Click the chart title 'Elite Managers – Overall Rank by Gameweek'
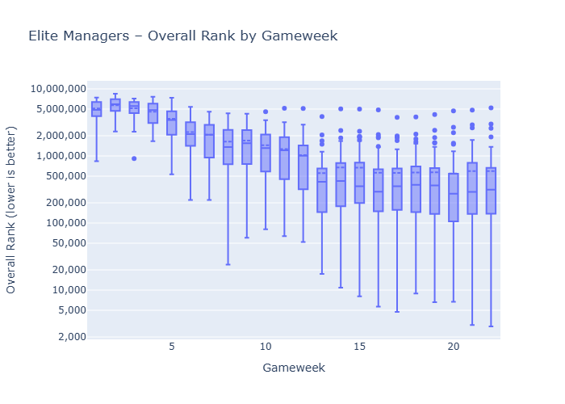182,36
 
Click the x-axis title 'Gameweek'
294,368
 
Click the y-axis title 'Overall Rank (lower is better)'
11,210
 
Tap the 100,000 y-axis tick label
61,223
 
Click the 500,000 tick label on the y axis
61,176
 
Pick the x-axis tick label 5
172,346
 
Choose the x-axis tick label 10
266,346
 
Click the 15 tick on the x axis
359,346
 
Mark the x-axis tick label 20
453,346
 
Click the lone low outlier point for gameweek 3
134,158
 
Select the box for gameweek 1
97,109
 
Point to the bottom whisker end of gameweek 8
228,264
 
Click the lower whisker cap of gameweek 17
396,312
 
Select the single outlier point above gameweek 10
266,112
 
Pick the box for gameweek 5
172,123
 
